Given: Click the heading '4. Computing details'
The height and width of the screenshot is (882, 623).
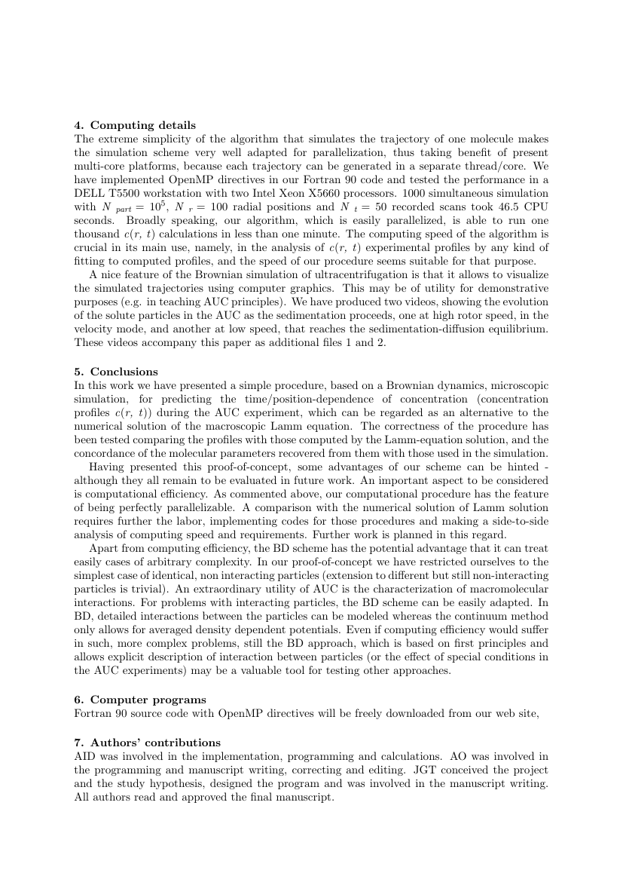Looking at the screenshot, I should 135,125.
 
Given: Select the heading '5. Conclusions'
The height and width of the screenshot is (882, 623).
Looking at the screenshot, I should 116,372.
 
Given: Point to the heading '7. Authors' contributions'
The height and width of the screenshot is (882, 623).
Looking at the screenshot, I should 147,743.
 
